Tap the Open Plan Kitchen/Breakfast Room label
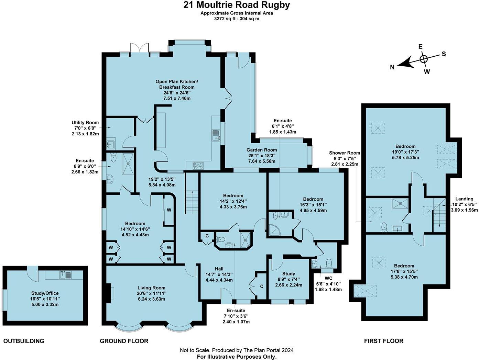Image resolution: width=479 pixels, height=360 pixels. point(177,85)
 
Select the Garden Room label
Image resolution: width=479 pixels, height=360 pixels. point(261,150)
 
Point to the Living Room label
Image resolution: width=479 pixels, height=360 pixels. point(151,288)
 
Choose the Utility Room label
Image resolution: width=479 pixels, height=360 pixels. point(85,123)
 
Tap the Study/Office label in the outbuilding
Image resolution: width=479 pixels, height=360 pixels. point(45,293)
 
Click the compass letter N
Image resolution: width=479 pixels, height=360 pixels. point(392,67)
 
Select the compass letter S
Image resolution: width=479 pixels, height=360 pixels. point(444,54)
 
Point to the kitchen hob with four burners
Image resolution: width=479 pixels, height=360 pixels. point(198,166)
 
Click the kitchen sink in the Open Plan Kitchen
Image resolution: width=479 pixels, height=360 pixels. point(216,135)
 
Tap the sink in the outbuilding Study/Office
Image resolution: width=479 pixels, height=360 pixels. point(65,275)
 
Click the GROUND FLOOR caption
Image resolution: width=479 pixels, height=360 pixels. point(124,341)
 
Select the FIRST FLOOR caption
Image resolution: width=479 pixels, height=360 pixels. point(383,341)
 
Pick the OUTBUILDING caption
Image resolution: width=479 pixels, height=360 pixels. point(24,341)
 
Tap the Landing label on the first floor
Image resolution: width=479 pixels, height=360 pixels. point(464,199)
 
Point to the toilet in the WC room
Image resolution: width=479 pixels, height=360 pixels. point(329,263)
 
